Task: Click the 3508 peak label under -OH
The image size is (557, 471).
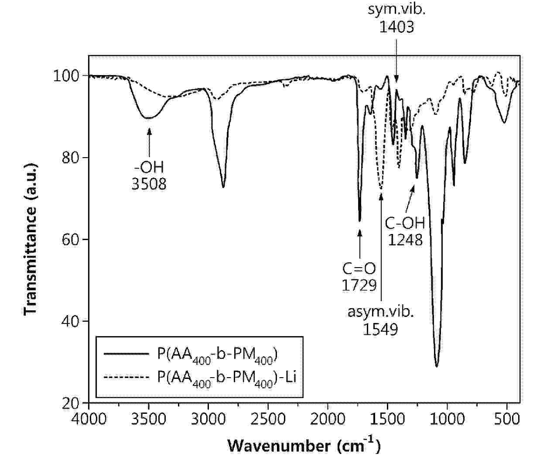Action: [149, 183]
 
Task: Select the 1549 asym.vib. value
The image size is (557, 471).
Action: [380, 329]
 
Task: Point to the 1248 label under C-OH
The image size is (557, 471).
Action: [405, 240]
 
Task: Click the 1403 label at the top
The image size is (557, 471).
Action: [396, 27]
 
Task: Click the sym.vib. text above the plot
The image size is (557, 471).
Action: [396, 10]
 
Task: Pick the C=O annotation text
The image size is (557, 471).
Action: [359, 268]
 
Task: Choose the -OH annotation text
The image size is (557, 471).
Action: [149, 167]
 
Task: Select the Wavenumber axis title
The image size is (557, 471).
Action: [304, 446]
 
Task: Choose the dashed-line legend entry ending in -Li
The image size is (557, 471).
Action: [227, 377]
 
